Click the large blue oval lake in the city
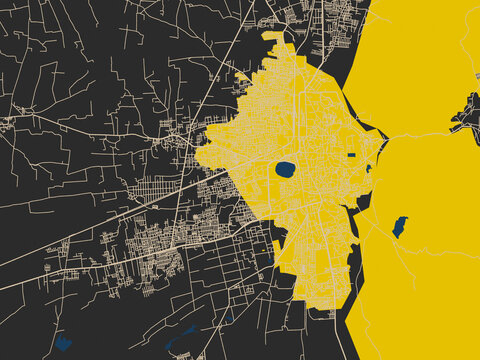(x=285, y=169)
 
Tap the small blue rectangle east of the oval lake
(x=351, y=156)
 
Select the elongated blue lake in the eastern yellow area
(x=400, y=227)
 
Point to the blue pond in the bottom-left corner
(x=62, y=343)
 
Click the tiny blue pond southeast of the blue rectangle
(x=368, y=168)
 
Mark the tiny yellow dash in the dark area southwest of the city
(x=276, y=245)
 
